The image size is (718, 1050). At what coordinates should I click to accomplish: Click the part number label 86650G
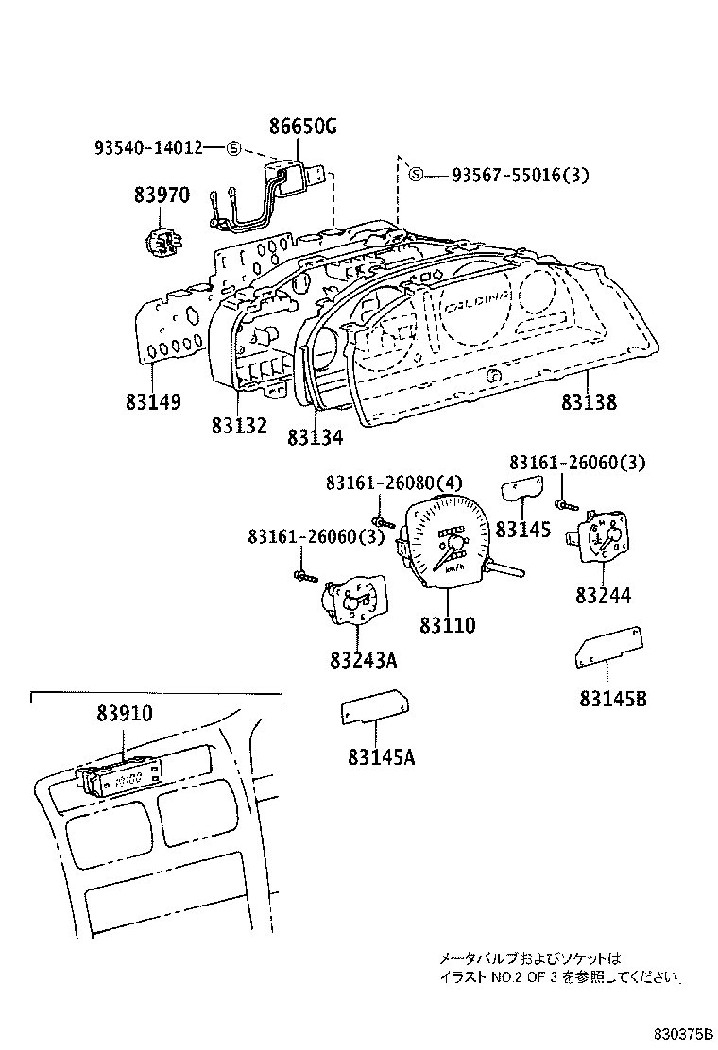(x=304, y=127)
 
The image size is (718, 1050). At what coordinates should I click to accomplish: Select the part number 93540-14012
(x=148, y=147)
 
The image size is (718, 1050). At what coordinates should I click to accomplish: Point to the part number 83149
(x=152, y=401)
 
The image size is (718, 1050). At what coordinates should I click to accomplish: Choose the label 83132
(x=239, y=426)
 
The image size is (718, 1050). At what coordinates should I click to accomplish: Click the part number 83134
(x=315, y=437)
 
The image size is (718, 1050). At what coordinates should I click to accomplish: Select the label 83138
(x=588, y=402)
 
